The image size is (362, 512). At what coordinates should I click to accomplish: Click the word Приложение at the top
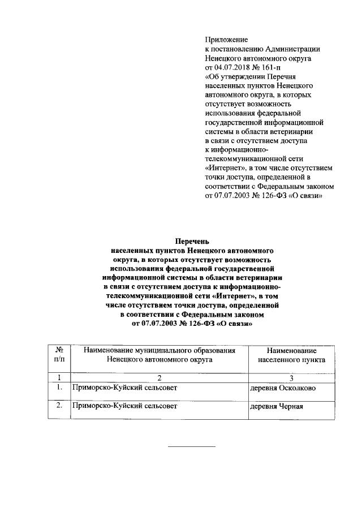pos(226,40)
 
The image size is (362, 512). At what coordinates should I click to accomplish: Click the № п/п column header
pos(59,355)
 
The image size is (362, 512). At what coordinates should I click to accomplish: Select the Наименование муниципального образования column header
pos(159,355)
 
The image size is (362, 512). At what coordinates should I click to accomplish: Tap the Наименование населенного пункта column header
pos(291,355)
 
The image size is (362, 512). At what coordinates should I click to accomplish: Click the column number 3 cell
pos(291,377)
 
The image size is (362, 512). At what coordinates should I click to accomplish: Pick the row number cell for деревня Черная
pos(59,406)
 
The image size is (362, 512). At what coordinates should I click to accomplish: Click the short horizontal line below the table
pos(192,447)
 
